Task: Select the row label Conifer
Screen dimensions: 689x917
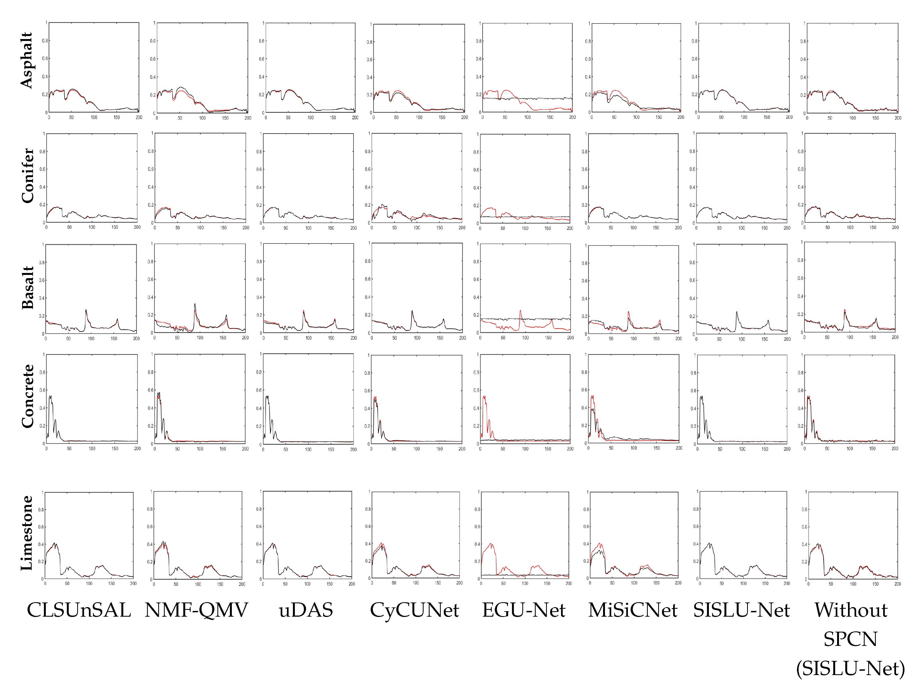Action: pyautogui.click(x=27, y=176)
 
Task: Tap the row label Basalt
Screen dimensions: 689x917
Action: pyautogui.click(x=27, y=287)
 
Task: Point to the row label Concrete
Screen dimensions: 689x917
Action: pyautogui.click(x=27, y=396)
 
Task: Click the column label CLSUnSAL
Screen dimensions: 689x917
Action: pyautogui.click(x=79, y=610)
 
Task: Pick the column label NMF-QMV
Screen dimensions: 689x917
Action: pyautogui.click(x=196, y=610)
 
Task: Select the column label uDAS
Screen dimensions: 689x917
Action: pyautogui.click(x=306, y=610)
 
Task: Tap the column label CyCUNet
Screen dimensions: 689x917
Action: pyautogui.click(x=415, y=610)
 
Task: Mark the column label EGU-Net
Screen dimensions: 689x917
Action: pyautogui.click(x=524, y=610)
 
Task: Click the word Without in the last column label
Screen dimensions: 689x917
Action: pyautogui.click(x=851, y=610)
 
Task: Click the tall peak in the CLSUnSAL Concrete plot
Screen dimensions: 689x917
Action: pyautogui.click(x=50, y=396)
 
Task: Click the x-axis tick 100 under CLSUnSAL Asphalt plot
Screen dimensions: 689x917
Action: pyautogui.click(x=94, y=117)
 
